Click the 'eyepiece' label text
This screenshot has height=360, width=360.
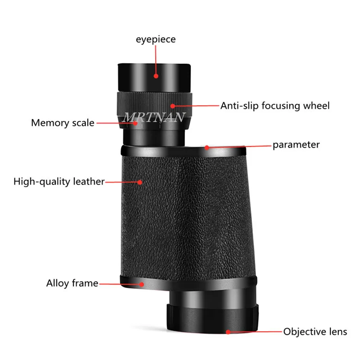pos(156,40)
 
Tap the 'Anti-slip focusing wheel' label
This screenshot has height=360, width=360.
pos(274,106)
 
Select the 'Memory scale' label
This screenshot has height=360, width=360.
pos(63,122)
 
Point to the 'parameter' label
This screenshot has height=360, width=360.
pos(296,145)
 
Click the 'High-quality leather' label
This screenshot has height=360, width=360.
pos(59,182)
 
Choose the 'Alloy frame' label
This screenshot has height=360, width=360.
pos(72,283)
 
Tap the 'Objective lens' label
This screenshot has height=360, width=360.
pos(315,332)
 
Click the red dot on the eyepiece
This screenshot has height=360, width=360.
pos(156,76)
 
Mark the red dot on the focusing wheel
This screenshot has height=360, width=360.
pos(170,106)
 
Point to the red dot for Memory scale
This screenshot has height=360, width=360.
pos(135,122)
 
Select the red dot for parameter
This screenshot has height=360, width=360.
pos(207,147)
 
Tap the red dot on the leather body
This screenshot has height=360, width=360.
pos(141,182)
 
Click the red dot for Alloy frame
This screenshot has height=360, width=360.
pos(142,283)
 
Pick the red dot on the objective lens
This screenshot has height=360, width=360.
pos(228,332)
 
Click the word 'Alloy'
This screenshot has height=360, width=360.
pos(57,283)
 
